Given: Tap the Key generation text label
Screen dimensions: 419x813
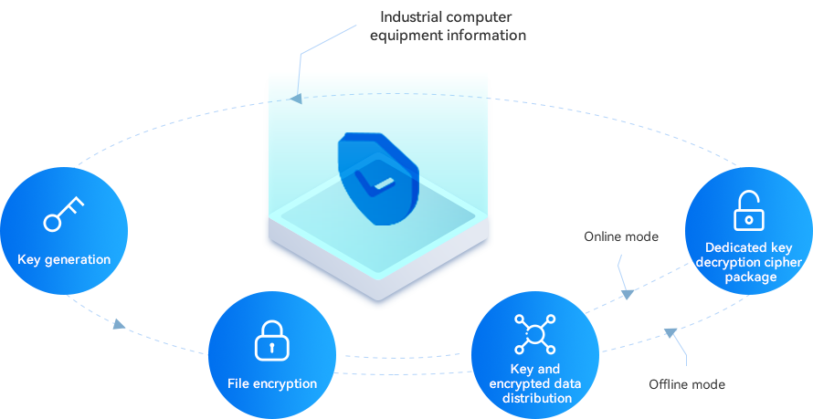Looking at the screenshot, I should [x=64, y=259].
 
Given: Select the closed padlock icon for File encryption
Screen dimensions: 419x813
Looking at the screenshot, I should [x=271, y=340].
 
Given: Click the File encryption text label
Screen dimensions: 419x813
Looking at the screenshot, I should [x=272, y=383].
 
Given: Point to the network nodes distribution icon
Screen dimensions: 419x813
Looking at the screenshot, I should [x=535, y=334].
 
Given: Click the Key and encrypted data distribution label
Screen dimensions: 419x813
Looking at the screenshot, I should [x=535, y=383].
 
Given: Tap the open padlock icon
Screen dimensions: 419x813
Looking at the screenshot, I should [x=749, y=211].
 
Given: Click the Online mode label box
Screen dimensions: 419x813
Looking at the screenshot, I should [x=621, y=236].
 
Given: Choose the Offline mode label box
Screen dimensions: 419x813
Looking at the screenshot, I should [x=687, y=384].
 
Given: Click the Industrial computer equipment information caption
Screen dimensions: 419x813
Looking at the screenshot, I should [x=454, y=26].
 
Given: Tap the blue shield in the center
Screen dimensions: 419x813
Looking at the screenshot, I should [x=378, y=179].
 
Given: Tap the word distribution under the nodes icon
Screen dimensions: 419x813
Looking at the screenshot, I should [x=536, y=398].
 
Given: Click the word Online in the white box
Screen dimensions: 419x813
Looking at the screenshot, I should [x=603, y=236].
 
